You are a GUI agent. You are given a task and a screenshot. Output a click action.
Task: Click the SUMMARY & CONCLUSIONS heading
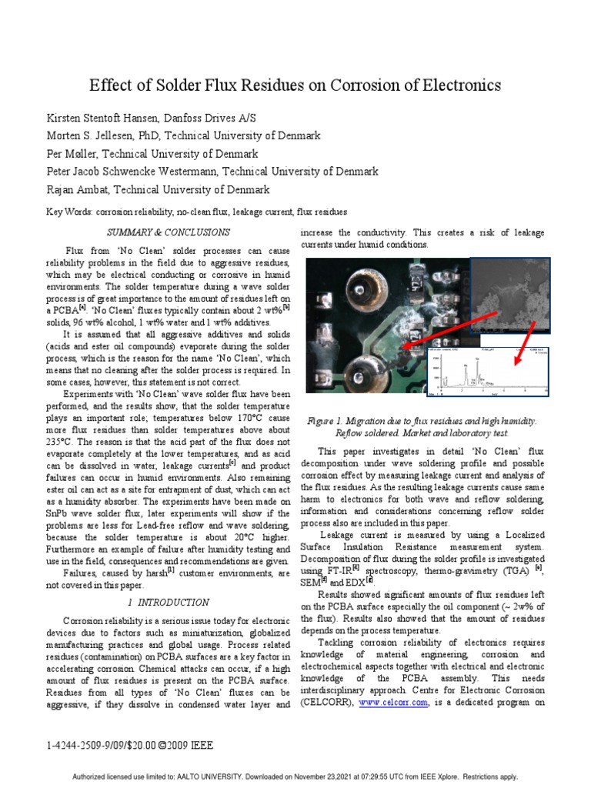(x=168, y=232)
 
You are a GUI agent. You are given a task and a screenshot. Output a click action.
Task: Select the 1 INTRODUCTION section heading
(x=168, y=602)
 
